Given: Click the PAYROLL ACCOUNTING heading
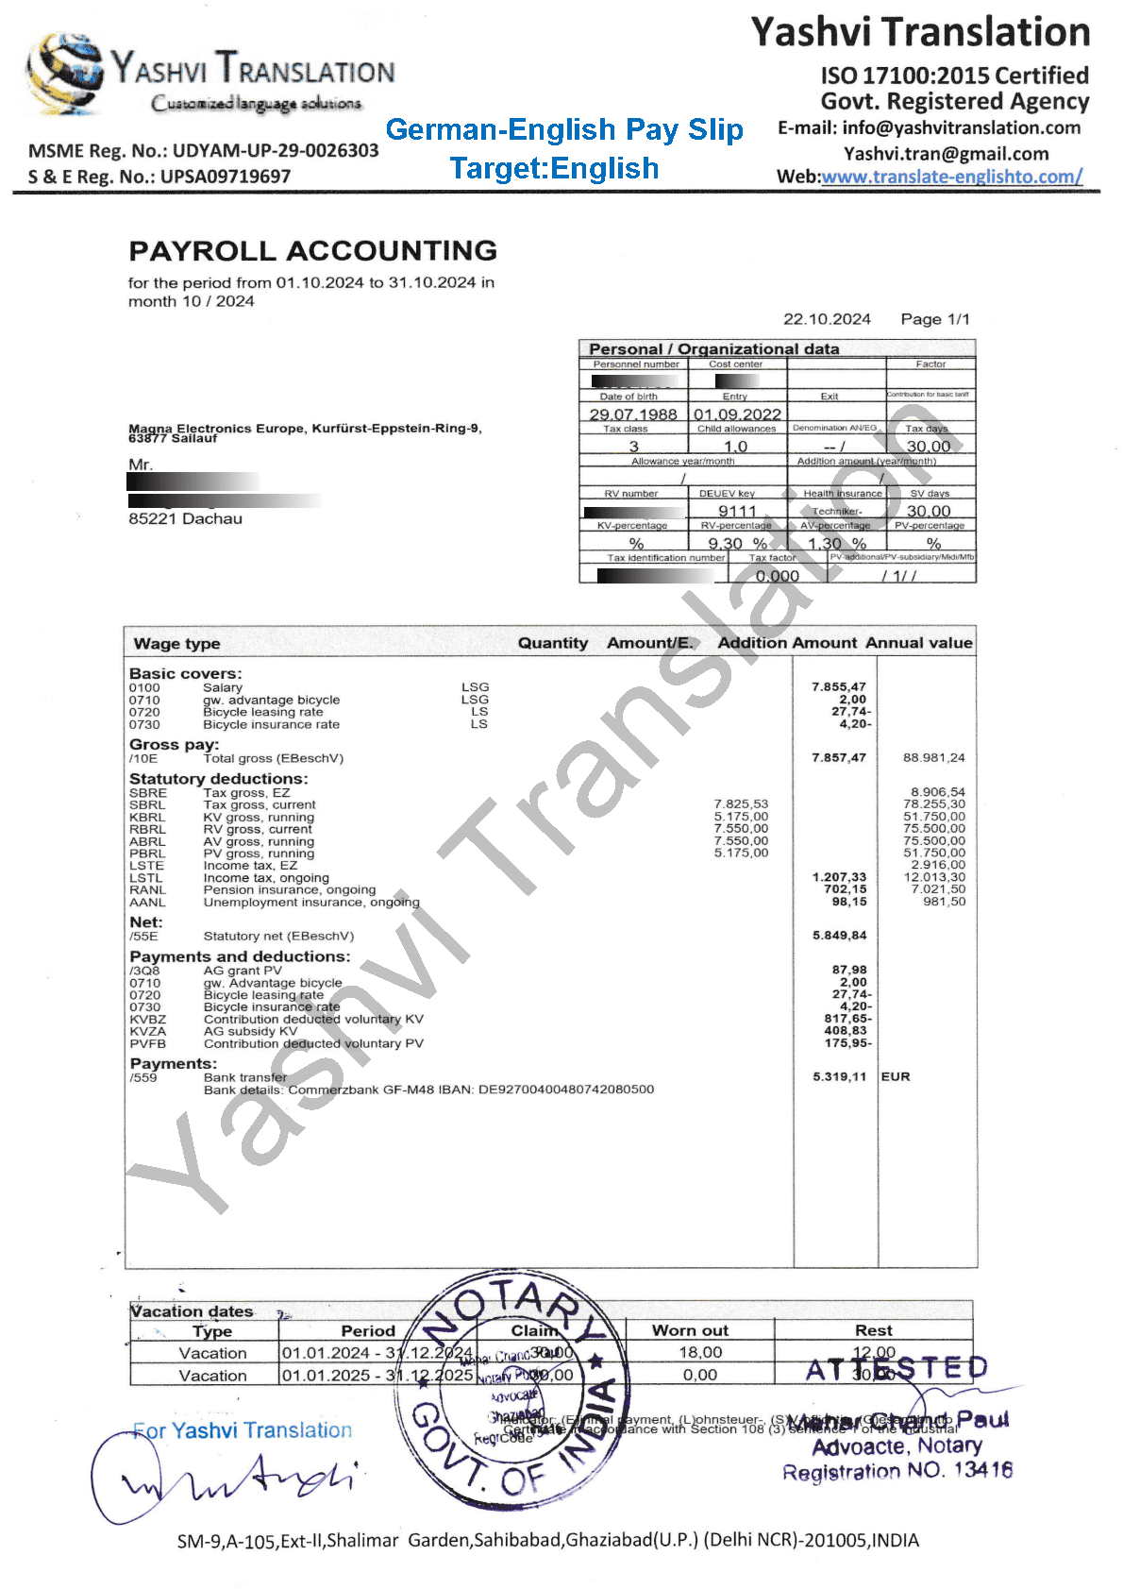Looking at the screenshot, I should [312, 251].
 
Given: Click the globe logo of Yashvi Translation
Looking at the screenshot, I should [63, 74].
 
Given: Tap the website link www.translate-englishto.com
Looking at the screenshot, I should [951, 177].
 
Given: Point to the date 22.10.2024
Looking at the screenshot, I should [827, 319].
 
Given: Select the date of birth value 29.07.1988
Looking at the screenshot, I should [633, 414].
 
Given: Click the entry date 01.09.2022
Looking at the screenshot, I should [737, 414].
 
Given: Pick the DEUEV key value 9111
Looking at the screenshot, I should [737, 511].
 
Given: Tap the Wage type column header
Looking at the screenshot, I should [176, 644].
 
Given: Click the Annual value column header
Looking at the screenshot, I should [918, 643].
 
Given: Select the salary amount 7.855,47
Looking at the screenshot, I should [838, 687].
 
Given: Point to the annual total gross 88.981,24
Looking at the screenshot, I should [933, 758].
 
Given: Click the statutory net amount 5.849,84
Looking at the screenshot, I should [839, 936].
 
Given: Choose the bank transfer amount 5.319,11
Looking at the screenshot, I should [839, 1077].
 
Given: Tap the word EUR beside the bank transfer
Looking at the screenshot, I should [896, 1077].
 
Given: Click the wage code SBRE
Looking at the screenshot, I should [148, 793].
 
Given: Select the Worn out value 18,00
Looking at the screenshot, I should [700, 1353].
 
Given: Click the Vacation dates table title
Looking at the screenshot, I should [193, 1311].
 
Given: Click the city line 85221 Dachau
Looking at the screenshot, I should [185, 519].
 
